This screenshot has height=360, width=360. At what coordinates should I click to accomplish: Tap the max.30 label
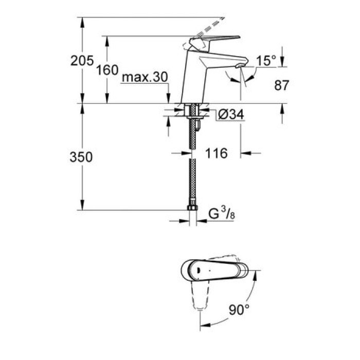point(146,78)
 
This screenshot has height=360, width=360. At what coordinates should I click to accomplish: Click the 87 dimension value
point(281,85)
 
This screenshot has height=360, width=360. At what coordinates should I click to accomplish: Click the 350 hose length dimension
point(82,158)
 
